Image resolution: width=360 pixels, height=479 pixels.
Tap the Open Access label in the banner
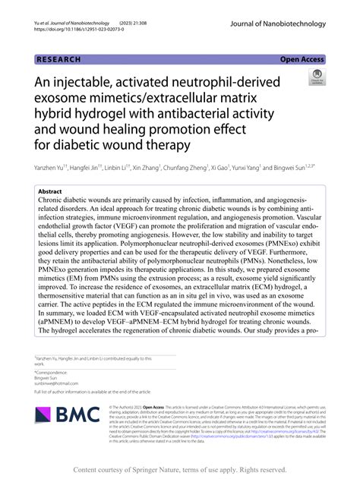pyautogui.click(x=302, y=58)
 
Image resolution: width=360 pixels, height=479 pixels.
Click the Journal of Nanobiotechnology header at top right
pyautogui.click(x=276, y=24)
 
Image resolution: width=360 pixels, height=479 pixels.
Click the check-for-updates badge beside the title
pyautogui.click(x=314, y=80)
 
